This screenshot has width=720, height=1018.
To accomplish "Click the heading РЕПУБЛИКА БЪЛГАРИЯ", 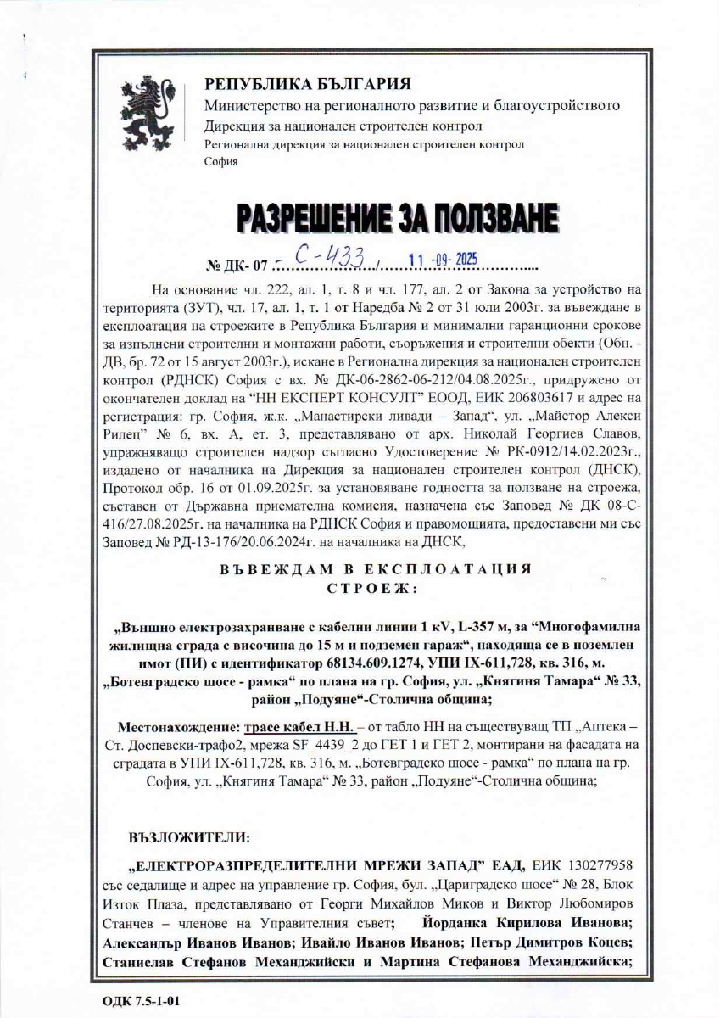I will [307, 84].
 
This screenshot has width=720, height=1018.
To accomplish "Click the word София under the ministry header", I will [216, 159].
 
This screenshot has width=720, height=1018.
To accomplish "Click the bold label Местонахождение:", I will [177, 728].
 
